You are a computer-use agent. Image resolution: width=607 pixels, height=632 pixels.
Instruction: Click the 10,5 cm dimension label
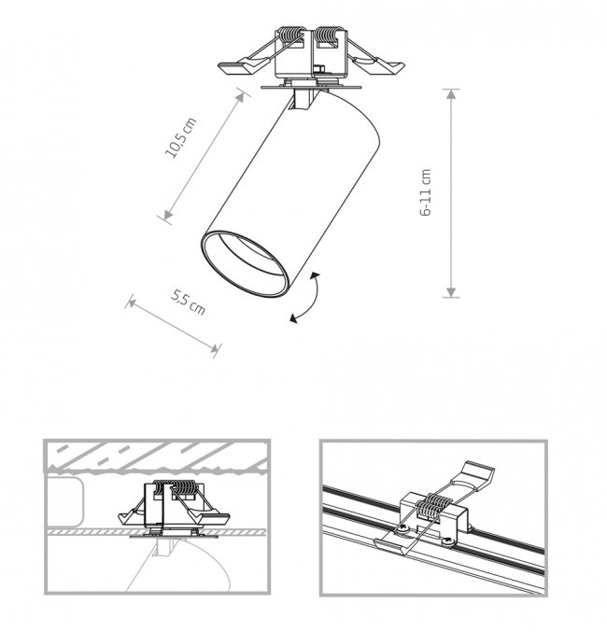coord(181,138)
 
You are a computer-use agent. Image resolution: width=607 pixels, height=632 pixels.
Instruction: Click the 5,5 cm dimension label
coord(188,302)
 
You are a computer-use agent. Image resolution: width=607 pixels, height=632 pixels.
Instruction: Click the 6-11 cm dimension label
coord(426,192)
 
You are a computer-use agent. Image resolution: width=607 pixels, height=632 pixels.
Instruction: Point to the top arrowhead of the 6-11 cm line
coord(451,94)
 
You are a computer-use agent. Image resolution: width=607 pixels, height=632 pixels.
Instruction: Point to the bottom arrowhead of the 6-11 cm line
coord(451,292)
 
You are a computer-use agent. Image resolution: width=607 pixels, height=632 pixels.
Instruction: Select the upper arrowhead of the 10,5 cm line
coord(240,97)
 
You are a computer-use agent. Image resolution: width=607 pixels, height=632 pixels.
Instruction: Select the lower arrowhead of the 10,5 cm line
coord(168,216)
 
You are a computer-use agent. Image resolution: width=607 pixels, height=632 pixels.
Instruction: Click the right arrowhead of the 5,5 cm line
coord(214,348)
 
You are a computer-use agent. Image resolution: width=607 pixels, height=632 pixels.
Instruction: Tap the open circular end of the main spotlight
coord(245,264)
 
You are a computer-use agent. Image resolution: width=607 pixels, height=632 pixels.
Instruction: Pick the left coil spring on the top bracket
coord(291,36)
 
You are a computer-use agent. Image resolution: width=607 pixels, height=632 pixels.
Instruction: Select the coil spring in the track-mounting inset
coord(434,506)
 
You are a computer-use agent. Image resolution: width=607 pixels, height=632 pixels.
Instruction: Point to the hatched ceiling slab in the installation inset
coord(157,457)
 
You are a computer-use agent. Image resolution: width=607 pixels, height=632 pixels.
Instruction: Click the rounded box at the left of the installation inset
coord(64,501)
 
